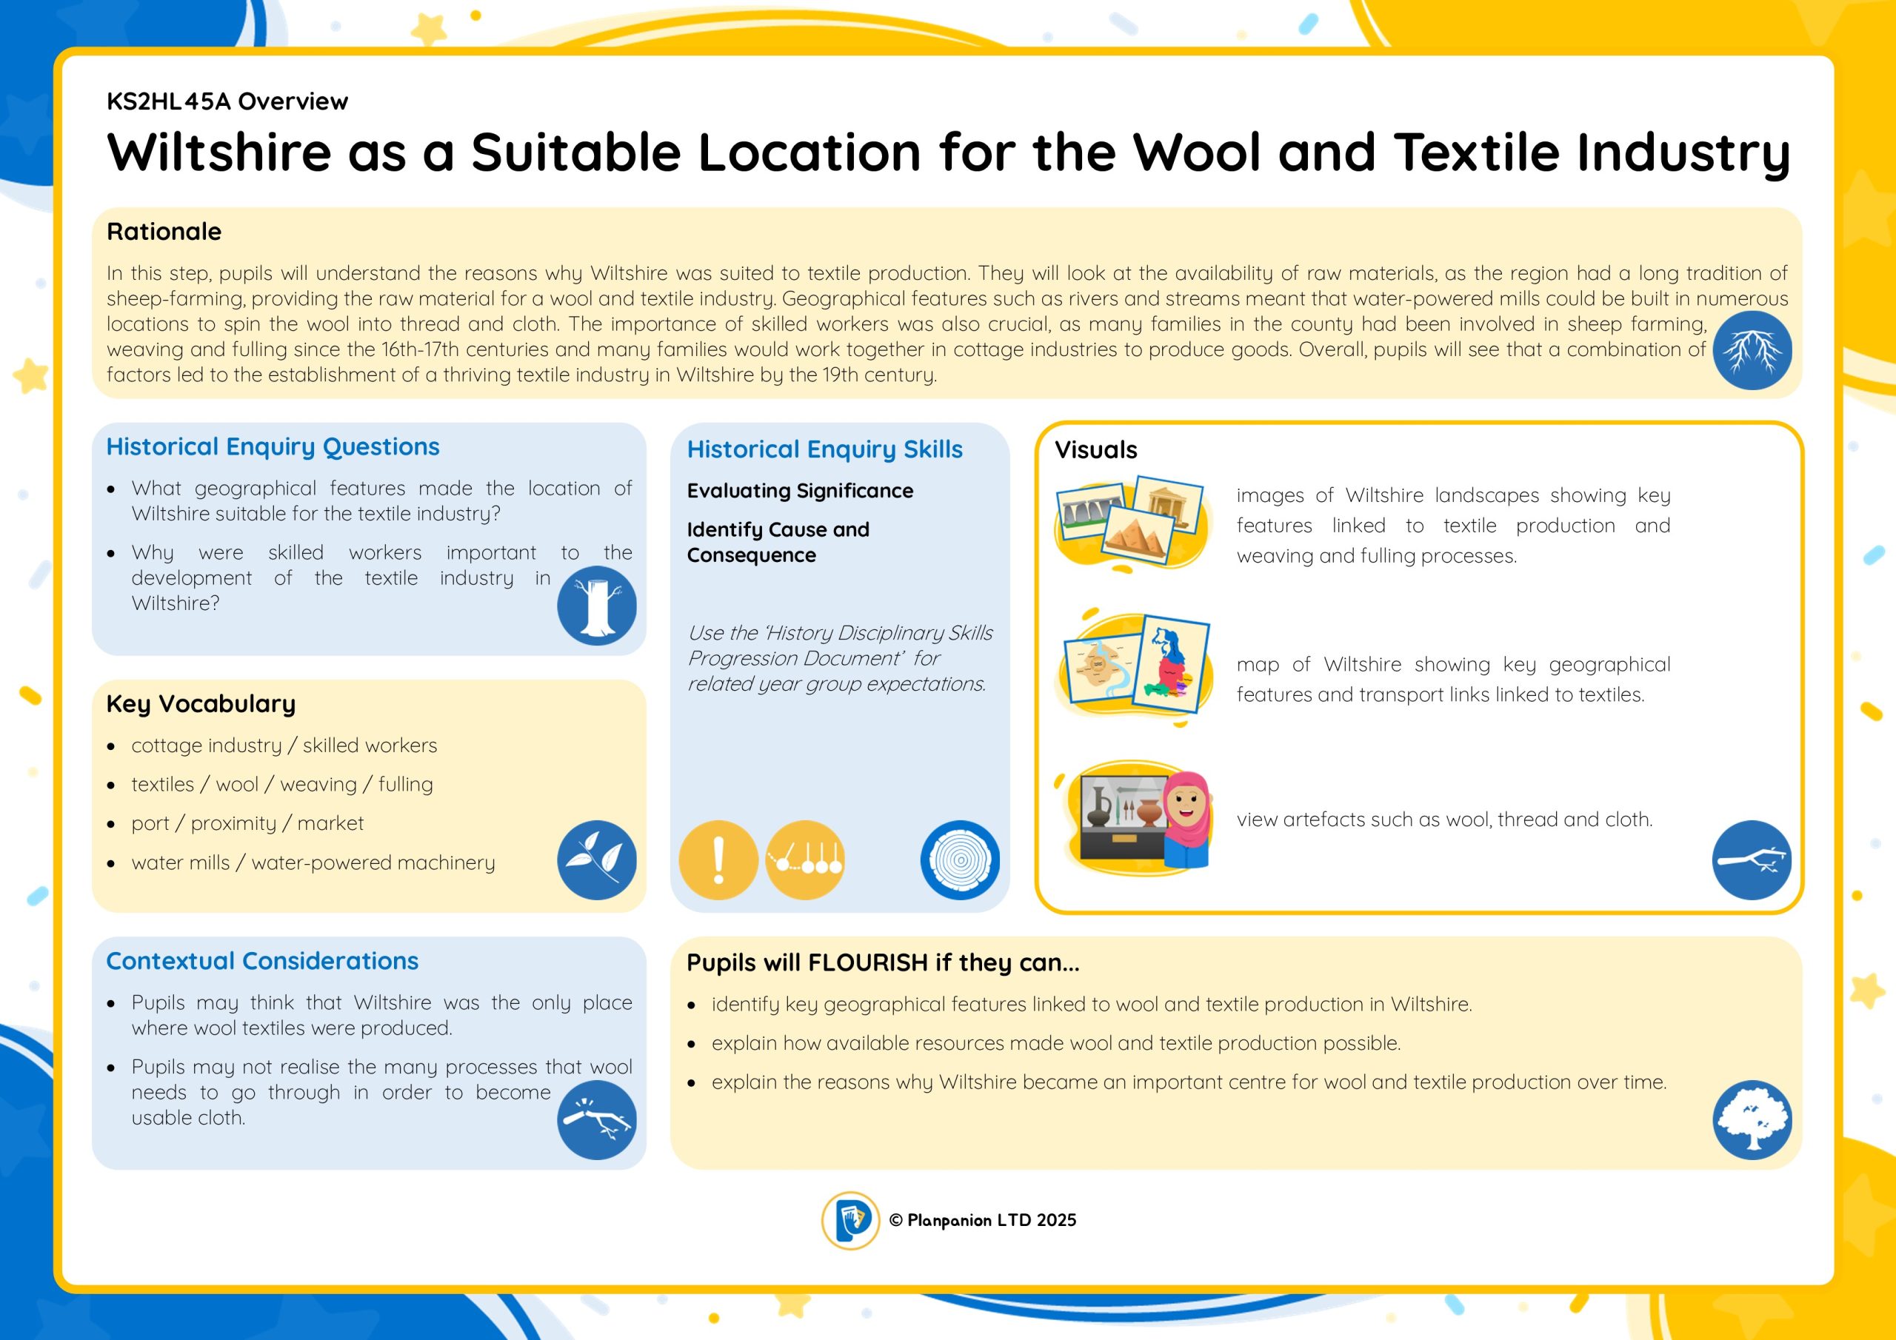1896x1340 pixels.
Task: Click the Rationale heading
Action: [164, 231]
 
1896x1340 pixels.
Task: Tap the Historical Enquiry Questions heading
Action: [273, 446]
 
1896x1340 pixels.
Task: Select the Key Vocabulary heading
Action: [201, 703]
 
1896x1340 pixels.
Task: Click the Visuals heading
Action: [1096, 450]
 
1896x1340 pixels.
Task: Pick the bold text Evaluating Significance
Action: [800, 492]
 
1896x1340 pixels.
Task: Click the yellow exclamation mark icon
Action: [718, 860]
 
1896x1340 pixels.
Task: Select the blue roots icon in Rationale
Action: [1752, 350]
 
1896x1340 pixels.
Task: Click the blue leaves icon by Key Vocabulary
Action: [596, 860]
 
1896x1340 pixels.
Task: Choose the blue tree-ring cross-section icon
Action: [960, 860]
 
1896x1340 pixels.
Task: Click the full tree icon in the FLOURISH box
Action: [1752, 1119]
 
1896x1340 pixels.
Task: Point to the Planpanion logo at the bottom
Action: [850, 1220]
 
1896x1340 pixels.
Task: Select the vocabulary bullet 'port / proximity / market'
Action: [247, 823]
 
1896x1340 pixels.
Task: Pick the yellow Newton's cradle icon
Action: [805, 860]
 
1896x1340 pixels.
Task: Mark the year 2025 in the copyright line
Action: [1056, 1220]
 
